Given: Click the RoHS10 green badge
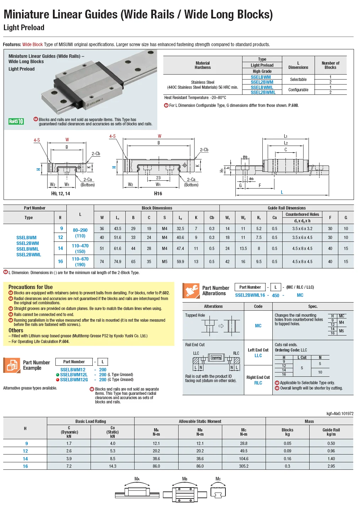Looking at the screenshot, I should click(16, 121).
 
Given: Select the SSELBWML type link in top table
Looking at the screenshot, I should click(262, 87).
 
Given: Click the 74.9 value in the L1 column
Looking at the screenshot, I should click(118, 262).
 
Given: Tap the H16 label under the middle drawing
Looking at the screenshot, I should click(158, 194).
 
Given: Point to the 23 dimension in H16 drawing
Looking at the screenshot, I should click(158, 178).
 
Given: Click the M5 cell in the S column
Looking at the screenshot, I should click(165, 262).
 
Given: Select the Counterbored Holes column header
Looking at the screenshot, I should click(302, 214).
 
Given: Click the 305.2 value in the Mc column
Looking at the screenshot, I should click(244, 466).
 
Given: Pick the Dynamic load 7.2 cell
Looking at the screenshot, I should click(69, 466).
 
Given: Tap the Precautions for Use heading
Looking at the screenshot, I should click(31, 287).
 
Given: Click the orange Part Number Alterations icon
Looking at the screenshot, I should click(191, 290).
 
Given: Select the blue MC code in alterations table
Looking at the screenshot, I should click(258, 326).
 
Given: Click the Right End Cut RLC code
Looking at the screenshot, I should click(258, 383).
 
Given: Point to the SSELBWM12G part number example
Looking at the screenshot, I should click(74, 380).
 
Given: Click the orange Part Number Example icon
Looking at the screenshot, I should click(12, 365).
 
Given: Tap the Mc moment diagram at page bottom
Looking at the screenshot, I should click(218, 492).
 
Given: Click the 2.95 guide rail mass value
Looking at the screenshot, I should click(331, 466).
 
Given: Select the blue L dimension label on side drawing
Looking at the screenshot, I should click(282, 192).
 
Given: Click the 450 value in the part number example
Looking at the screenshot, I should click(276, 295).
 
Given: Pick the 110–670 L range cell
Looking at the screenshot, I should click(80, 259).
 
